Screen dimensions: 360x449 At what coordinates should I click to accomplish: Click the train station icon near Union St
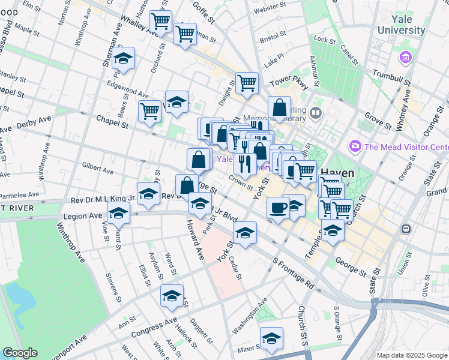[x=406, y=229]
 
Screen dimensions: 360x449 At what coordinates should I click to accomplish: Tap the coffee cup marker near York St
[x=278, y=208]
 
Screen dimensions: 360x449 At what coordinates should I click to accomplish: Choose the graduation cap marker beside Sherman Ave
[x=123, y=58]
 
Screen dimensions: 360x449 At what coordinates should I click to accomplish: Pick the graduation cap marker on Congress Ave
[x=172, y=296]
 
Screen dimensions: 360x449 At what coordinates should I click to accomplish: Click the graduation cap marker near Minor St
[x=271, y=338]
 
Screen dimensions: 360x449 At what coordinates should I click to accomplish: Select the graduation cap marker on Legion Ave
[x=119, y=213]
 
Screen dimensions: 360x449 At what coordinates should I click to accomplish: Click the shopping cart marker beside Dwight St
[x=247, y=83]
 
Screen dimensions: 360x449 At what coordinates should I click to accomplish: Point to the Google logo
[x=20, y=353]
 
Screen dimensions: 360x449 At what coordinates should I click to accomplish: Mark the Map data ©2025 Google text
[x=411, y=355]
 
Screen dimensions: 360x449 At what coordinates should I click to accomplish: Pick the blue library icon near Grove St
[x=316, y=113]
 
